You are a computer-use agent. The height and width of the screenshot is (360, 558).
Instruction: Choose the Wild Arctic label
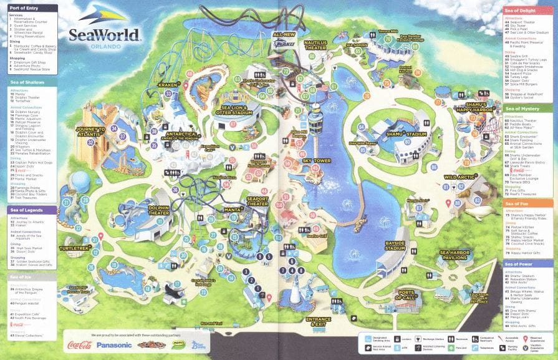pyautogui.click(x=459, y=177)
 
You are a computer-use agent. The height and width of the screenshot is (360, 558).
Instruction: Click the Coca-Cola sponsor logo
pyautogui.click(x=79, y=344)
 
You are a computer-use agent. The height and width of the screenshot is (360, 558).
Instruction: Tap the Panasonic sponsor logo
pyautogui.click(x=114, y=345)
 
